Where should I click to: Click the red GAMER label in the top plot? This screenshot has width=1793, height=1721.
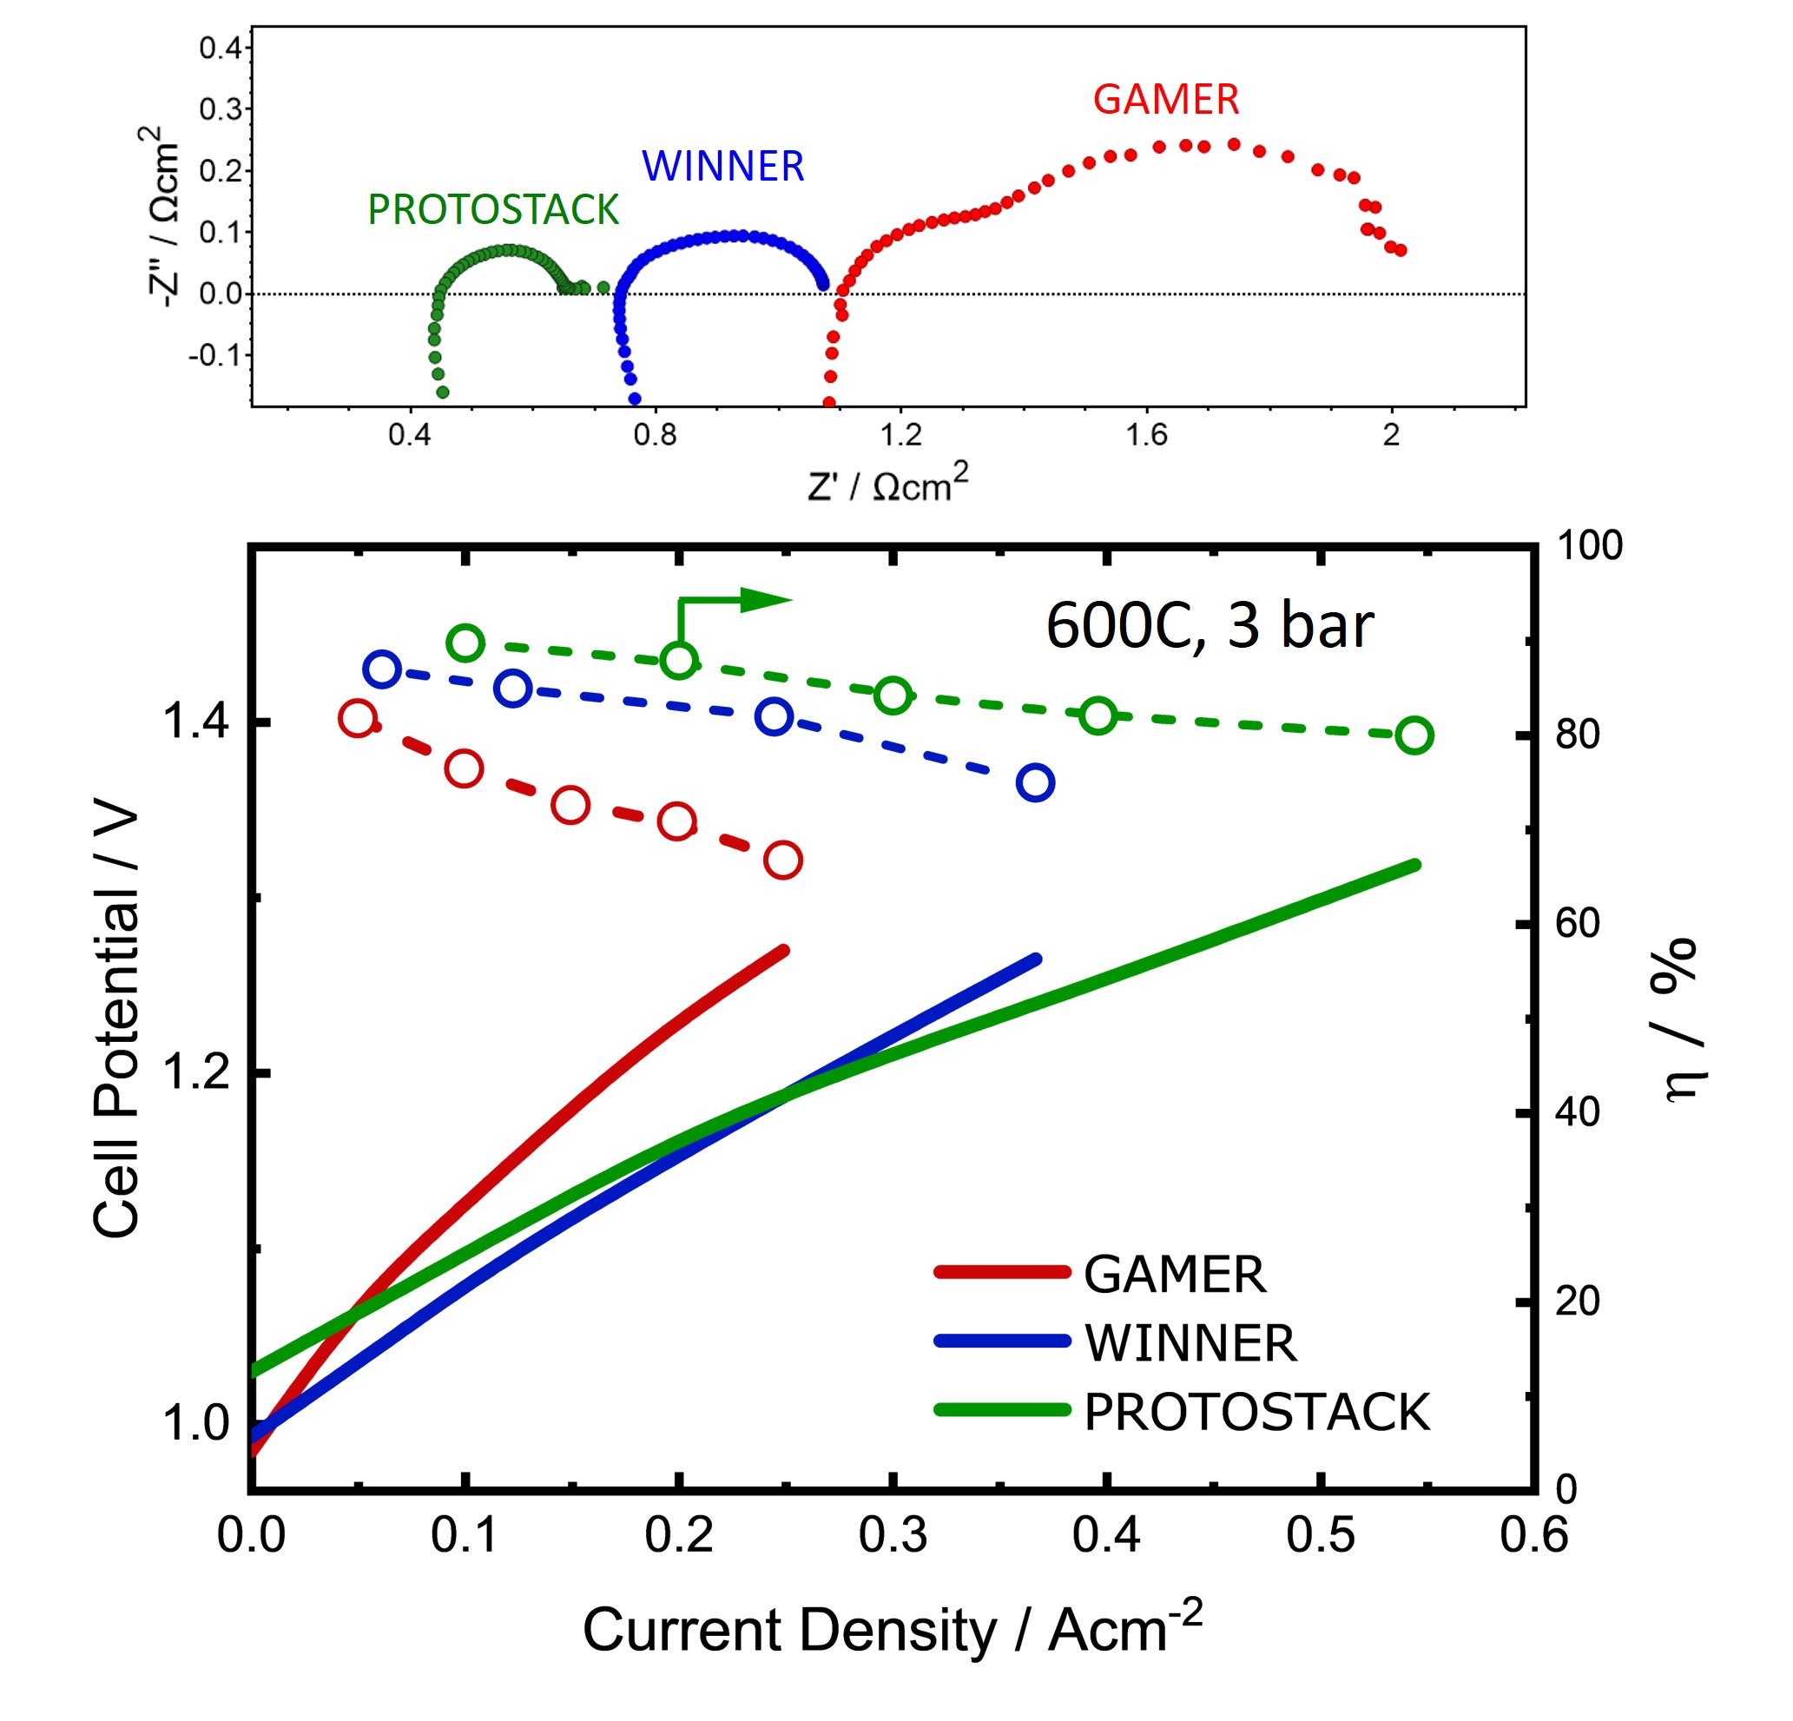point(1165,100)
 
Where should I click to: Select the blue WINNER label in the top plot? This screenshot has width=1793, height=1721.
point(722,167)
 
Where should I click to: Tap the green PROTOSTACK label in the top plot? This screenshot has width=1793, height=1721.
point(493,210)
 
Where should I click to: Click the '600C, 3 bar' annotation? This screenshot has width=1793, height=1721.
point(1209,626)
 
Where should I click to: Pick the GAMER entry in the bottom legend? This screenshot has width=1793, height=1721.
point(1175,1275)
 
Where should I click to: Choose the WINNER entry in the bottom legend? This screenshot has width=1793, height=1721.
point(1190,1343)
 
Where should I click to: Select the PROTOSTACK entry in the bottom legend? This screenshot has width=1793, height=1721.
point(1256,1412)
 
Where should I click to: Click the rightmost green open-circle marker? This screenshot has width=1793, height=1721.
point(1414,735)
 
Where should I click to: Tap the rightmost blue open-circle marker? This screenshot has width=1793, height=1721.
point(1035,783)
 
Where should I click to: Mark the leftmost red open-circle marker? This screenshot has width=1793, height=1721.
point(357,718)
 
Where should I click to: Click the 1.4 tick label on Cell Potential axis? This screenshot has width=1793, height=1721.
point(194,722)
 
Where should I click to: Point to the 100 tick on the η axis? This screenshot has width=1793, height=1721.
point(1590,546)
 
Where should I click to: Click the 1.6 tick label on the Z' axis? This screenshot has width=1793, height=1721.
point(1146,435)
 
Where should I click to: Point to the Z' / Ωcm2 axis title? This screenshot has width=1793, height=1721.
point(887,484)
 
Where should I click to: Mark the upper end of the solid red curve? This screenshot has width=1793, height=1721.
point(783,952)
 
